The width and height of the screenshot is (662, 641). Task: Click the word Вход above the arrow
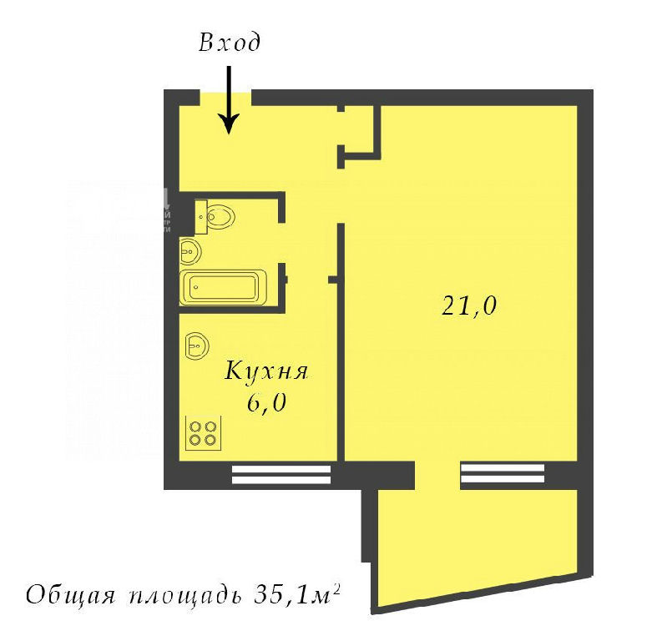[230, 43]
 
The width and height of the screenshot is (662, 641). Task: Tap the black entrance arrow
[230, 100]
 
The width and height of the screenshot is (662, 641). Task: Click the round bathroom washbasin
[190, 251]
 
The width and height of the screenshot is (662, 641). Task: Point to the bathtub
[224, 287]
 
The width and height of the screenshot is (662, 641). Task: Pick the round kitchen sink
[197, 346]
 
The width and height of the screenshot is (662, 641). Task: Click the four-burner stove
[204, 434]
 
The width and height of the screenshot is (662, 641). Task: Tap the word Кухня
[266, 371]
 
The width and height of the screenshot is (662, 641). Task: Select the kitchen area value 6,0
[267, 404]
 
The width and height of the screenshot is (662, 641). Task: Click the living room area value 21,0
[469, 305]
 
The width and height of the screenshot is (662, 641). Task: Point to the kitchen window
[281, 474]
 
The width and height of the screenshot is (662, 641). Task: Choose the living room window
[503, 473]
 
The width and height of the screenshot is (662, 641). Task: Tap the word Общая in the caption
[70, 595]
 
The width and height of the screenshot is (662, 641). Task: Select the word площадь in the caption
[184, 596]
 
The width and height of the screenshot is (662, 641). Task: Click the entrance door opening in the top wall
[225, 98]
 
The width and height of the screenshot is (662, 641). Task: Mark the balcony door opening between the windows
[437, 475]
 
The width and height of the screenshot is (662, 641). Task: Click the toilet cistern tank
[201, 217]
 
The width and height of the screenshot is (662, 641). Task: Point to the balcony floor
[474, 543]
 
